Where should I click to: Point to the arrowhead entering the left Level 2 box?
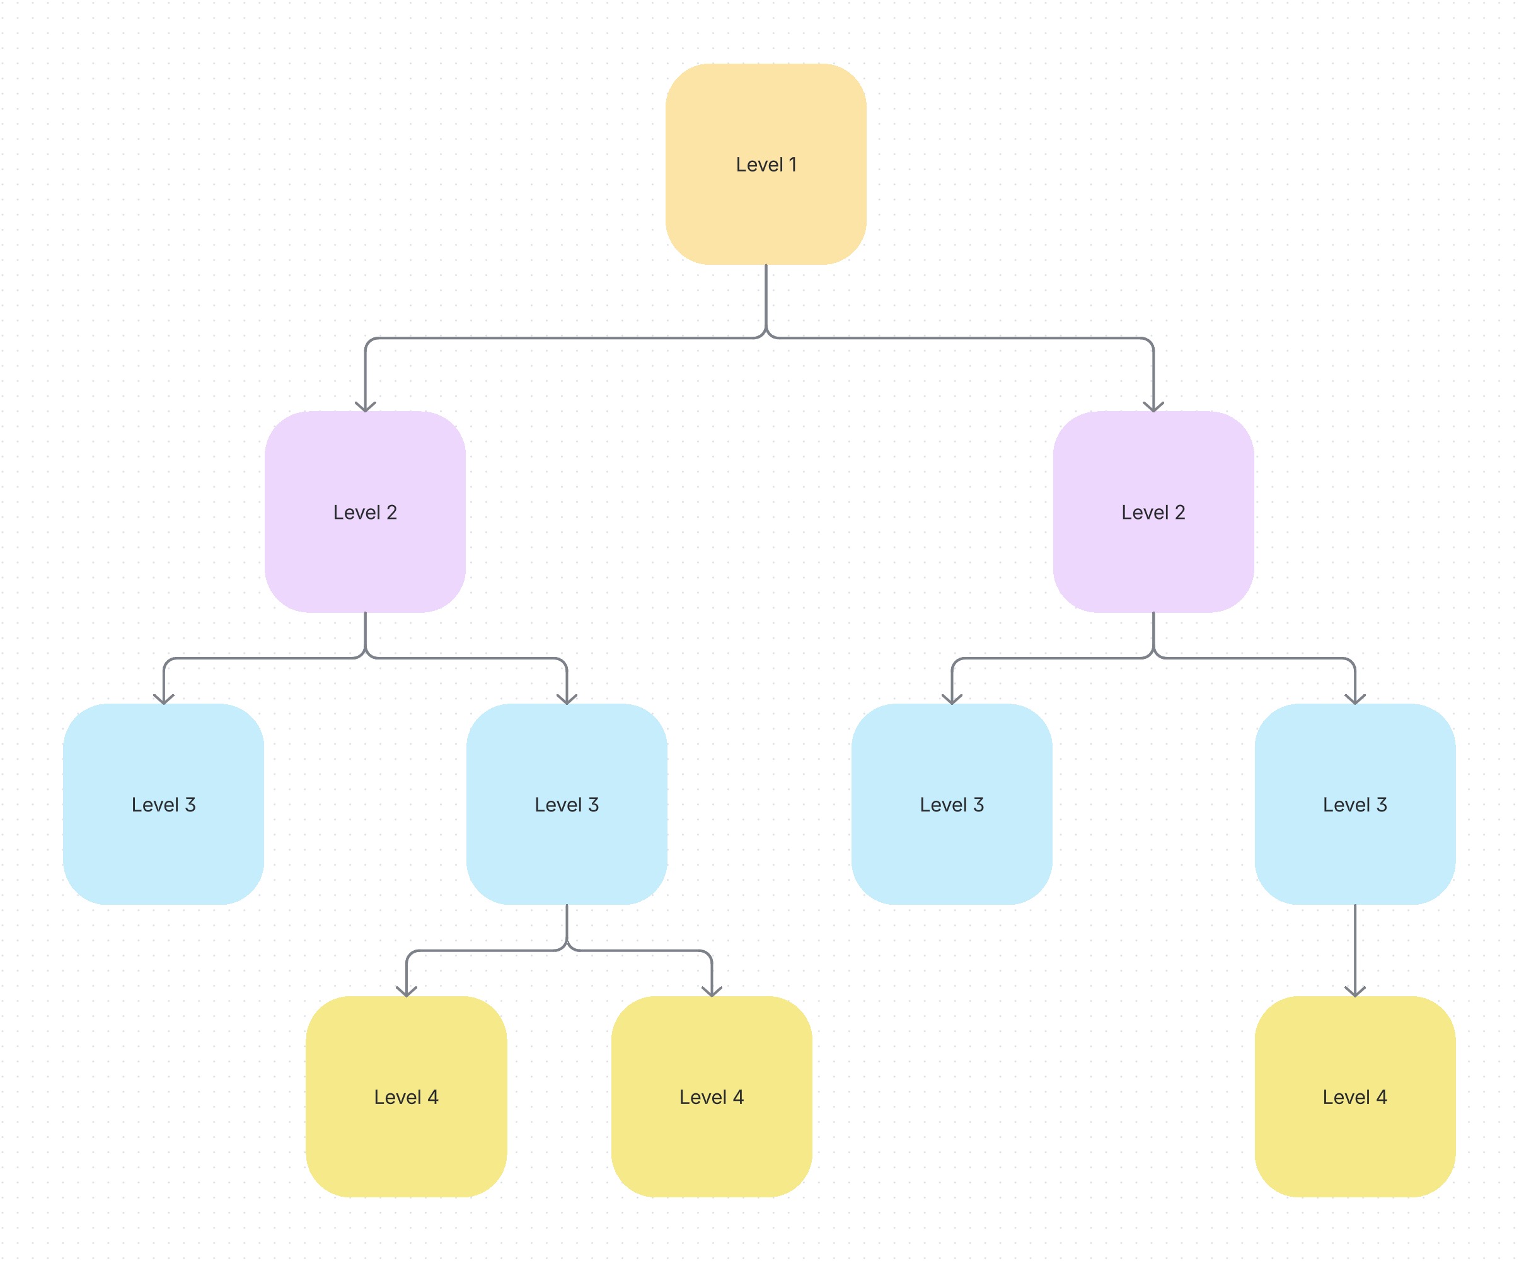click(x=366, y=407)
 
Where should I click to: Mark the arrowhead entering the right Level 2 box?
click(x=1153, y=407)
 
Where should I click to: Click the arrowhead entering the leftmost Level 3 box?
click(x=163, y=699)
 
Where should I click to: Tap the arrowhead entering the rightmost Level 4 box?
click(x=1354, y=991)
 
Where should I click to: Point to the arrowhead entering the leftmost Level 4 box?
click(x=407, y=991)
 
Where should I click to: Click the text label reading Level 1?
click(x=765, y=165)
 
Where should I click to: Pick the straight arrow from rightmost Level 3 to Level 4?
click(x=1354, y=948)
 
